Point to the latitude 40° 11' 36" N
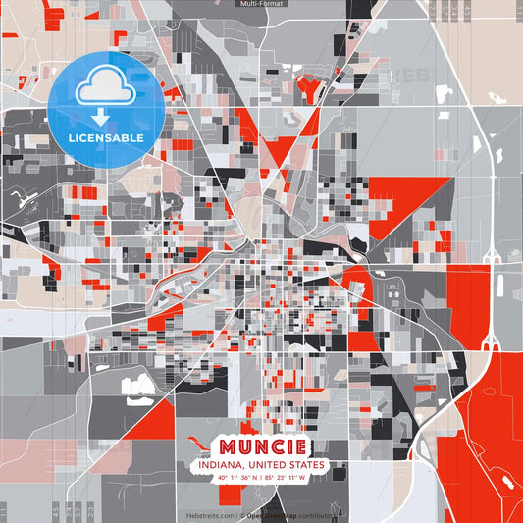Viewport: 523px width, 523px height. click(x=236, y=478)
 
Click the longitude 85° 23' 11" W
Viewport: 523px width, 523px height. click(x=286, y=478)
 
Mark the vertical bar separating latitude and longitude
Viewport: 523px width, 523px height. click(x=261, y=478)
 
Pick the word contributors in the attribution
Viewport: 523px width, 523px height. click(x=314, y=515)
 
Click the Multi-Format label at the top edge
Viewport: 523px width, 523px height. click(x=261, y=4)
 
